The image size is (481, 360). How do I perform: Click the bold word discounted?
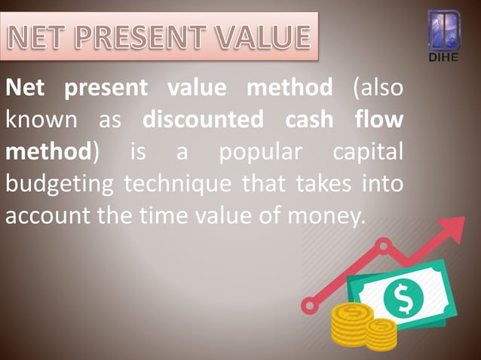204,120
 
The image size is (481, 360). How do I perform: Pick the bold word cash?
309,120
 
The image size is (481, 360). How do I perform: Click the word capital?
367,151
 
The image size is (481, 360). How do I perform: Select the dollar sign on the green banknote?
403,299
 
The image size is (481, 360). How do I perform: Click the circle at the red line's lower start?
308,306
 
